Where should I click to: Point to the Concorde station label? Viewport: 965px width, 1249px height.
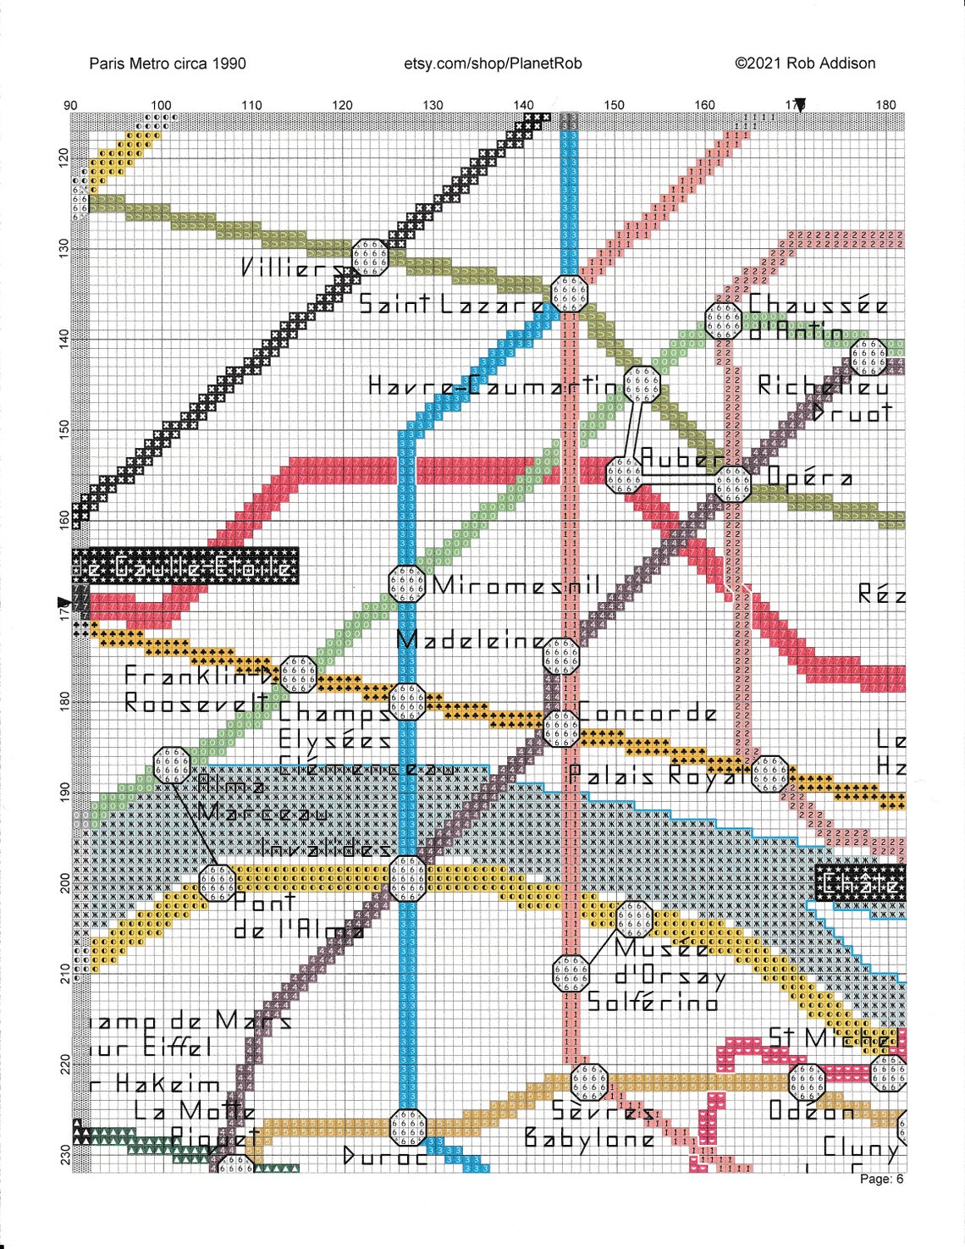pos(648,713)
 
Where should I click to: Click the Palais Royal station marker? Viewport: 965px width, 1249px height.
pos(769,774)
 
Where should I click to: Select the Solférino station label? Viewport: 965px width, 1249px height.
pos(652,1003)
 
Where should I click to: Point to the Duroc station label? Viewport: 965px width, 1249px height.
pos(386,1157)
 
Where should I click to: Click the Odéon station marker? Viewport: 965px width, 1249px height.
pos(807,1082)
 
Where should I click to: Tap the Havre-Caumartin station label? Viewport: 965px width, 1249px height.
pos(495,386)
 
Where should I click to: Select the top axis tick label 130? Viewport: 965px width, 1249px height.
pos(433,105)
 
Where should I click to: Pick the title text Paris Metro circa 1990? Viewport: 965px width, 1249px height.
pos(168,64)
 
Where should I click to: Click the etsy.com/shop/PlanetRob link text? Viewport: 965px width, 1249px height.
pos(493,64)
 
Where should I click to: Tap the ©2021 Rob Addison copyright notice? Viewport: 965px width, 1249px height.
pos(805,64)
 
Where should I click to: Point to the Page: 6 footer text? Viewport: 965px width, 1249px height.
pos(882,1179)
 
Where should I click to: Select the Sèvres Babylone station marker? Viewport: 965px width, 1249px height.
pos(589,1082)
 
